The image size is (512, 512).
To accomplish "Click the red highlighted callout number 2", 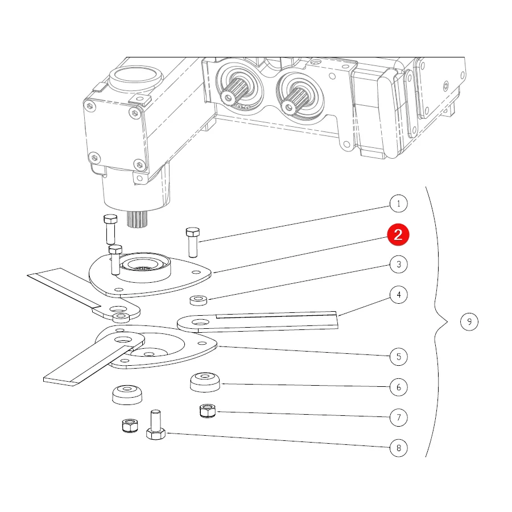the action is (398, 235).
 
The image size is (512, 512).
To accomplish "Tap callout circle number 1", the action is (398, 204).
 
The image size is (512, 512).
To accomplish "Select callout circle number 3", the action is (398, 264).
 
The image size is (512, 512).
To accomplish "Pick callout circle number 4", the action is (398, 295).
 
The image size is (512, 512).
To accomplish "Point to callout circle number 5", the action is (398, 357).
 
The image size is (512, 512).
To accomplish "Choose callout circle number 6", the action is (398, 387).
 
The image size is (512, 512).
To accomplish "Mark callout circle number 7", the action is (398, 418).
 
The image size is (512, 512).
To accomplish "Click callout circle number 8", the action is (398, 448).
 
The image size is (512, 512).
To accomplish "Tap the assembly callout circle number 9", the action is (469, 321).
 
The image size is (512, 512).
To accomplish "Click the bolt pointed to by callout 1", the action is (193, 242).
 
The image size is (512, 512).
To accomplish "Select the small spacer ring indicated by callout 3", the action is (199, 300).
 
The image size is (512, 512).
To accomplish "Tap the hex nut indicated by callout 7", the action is (208, 411).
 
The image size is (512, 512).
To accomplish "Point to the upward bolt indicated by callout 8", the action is (156, 425).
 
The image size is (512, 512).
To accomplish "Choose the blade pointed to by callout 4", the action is (258, 321).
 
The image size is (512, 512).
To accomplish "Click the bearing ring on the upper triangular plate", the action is (144, 266).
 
